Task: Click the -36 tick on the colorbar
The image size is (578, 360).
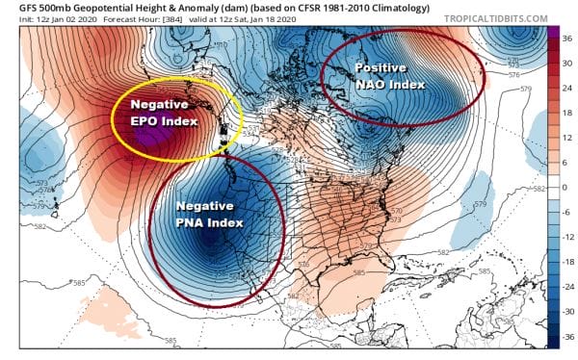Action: [x=567, y=334]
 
